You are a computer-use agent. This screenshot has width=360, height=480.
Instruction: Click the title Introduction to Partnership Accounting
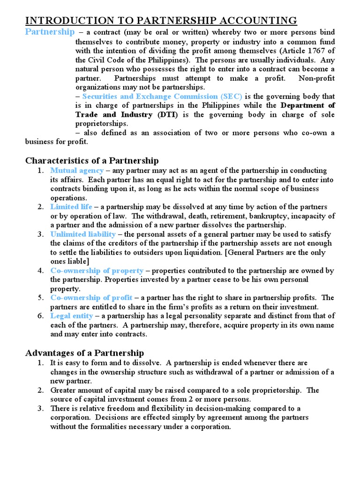point(161,20)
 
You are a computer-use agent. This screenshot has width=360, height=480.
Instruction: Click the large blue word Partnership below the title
point(49,32)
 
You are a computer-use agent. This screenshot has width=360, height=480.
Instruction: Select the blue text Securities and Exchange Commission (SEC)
point(162,97)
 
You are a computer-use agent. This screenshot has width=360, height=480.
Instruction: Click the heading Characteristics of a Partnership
point(92,161)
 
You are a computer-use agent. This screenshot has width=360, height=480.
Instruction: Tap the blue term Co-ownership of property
point(97,270)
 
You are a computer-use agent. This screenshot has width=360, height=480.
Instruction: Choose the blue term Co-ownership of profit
point(92,298)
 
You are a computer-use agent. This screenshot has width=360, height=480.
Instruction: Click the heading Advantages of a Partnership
point(84,352)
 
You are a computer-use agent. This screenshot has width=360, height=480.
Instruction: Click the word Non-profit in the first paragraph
point(315,78)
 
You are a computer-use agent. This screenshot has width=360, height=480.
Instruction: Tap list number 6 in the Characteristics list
point(41,316)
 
